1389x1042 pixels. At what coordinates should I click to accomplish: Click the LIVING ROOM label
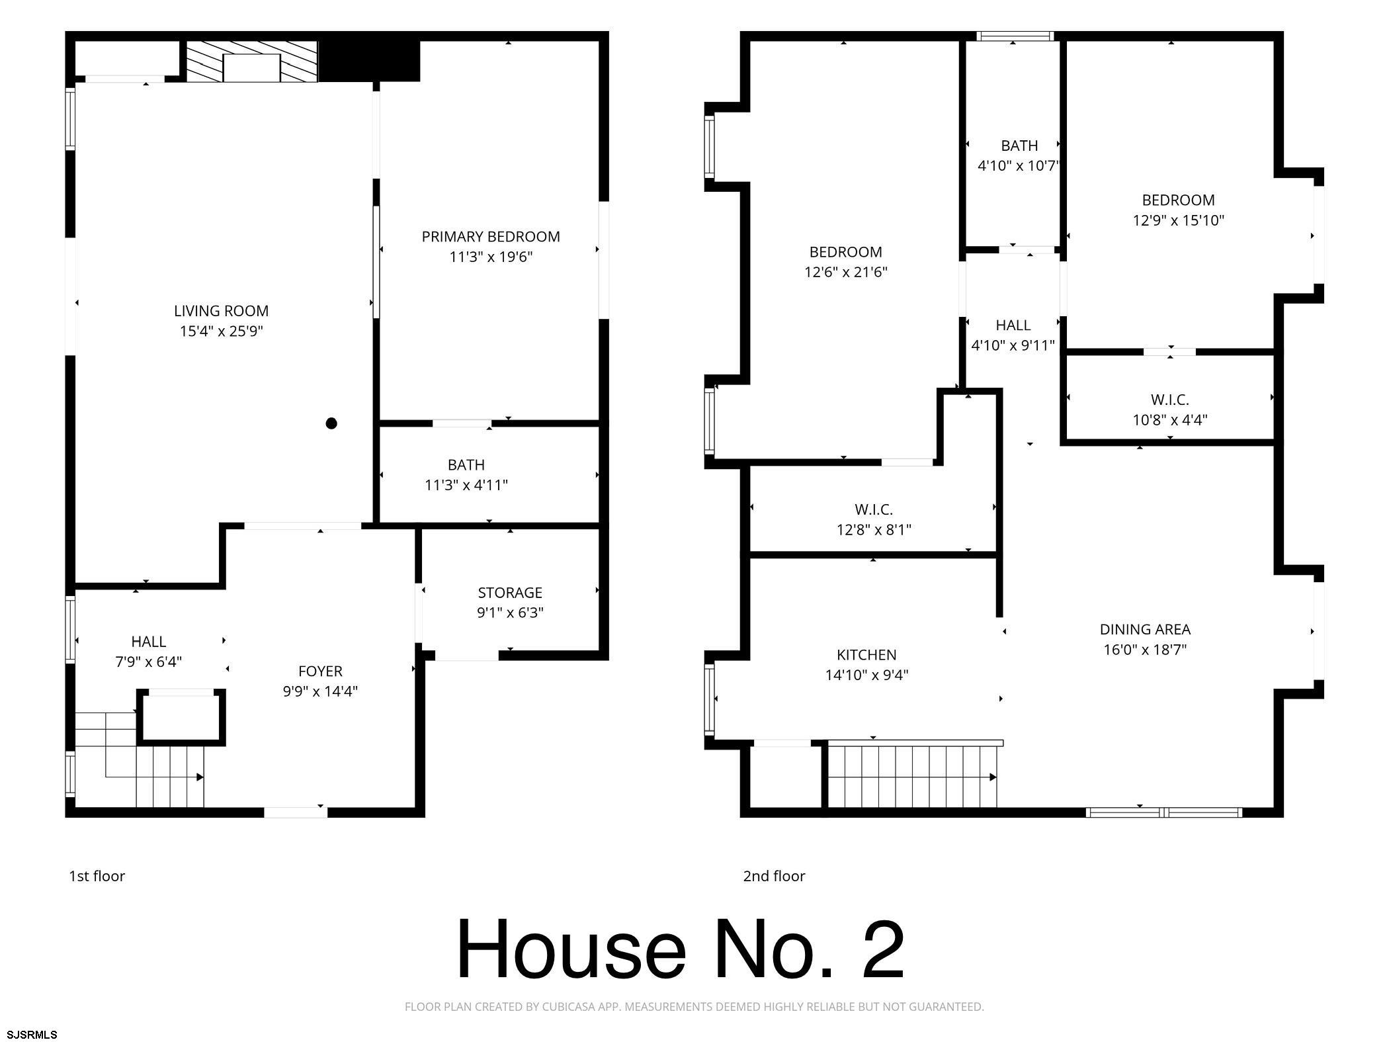pyautogui.click(x=221, y=311)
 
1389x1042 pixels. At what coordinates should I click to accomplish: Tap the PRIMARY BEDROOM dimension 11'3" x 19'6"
pyautogui.click(x=491, y=257)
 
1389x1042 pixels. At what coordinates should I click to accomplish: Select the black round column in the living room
pyautogui.click(x=331, y=423)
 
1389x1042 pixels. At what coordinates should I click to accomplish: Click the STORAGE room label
pyautogui.click(x=510, y=593)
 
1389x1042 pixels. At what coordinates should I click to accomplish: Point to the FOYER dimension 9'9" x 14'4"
pyautogui.click(x=320, y=691)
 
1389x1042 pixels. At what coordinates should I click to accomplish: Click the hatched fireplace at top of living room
pyautogui.click(x=251, y=62)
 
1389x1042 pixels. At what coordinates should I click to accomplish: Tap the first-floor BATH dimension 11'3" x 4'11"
pyautogui.click(x=466, y=485)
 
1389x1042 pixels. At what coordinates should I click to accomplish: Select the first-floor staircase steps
pyautogui.click(x=139, y=760)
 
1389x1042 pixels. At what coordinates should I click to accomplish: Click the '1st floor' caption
pyautogui.click(x=97, y=876)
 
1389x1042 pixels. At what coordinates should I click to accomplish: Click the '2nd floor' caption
pyautogui.click(x=774, y=876)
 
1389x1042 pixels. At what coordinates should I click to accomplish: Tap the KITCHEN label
pyautogui.click(x=866, y=655)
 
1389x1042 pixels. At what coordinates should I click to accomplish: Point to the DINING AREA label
pyautogui.click(x=1145, y=629)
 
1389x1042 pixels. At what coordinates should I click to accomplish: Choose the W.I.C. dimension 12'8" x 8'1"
pyautogui.click(x=874, y=530)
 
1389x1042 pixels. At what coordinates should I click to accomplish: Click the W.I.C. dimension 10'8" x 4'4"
pyautogui.click(x=1170, y=419)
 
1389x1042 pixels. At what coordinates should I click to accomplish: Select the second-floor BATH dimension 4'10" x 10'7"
pyautogui.click(x=1019, y=165)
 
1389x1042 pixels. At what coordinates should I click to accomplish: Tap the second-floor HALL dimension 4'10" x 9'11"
pyautogui.click(x=1013, y=345)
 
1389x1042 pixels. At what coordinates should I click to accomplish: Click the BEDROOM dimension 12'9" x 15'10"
pyautogui.click(x=1179, y=220)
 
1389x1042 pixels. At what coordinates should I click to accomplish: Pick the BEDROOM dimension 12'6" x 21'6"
pyautogui.click(x=846, y=272)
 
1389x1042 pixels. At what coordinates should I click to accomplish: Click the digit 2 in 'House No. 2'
pyautogui.click(x=882, y=949)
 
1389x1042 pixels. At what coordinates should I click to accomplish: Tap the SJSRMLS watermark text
pyautogui.click(x=32, y=1035)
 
